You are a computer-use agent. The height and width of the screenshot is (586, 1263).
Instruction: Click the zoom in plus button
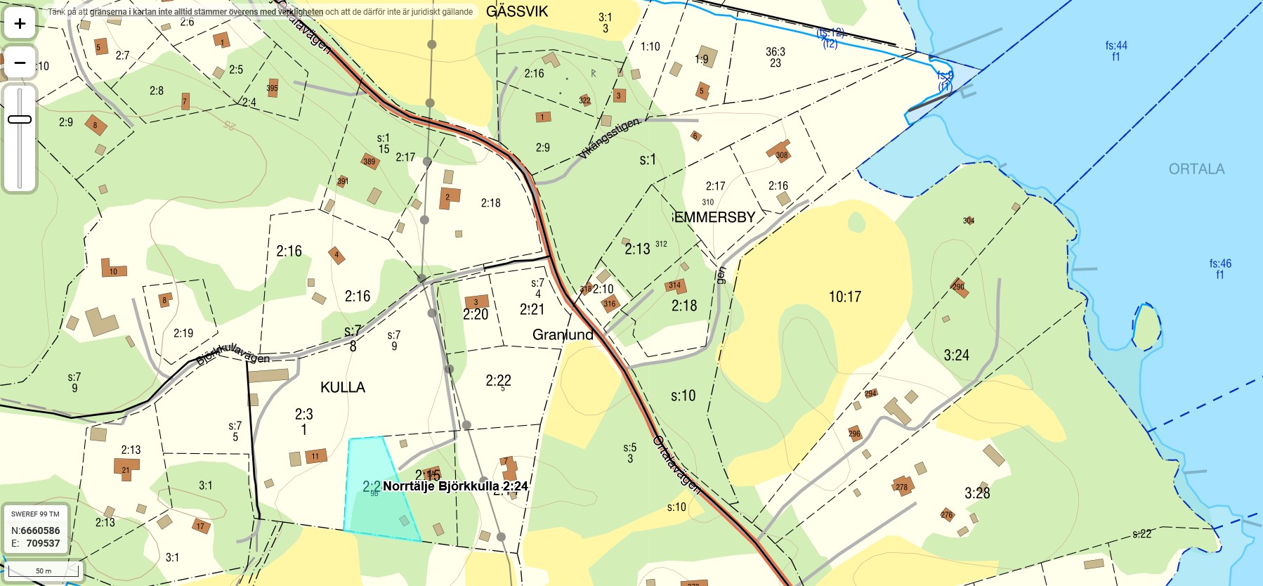[x=20, y=24]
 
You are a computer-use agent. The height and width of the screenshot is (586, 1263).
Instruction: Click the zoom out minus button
[x=20, y=63]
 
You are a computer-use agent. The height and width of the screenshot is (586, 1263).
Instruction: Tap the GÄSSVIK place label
[x=516, y=11]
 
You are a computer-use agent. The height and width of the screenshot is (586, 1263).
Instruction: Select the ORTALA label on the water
[x=1196, y=169]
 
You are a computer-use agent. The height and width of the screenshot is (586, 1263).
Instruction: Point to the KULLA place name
[x=343, y=387]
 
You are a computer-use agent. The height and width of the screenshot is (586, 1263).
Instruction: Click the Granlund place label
[x=563, y=334]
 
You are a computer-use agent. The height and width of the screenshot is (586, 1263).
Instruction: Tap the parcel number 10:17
[x=844, y=297]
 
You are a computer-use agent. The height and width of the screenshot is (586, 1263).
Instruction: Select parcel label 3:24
[x=956, y=356]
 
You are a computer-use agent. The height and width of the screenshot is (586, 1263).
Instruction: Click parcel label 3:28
[x=977, y=493]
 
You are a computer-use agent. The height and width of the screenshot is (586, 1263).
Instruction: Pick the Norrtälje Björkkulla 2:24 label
[x=455, y=486]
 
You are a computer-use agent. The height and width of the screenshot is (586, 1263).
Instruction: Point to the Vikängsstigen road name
[x=609, y=137]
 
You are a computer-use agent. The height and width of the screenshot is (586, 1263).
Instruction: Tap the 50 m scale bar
[x=43, y=571]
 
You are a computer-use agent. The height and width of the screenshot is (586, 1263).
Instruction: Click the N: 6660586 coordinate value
[x=40, y=530]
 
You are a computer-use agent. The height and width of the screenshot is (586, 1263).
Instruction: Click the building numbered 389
[x=369, y=162]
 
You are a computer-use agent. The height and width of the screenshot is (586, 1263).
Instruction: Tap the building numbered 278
[x=901, y=486]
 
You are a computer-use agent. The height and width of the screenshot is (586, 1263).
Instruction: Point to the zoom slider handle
[x=20, y=119]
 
